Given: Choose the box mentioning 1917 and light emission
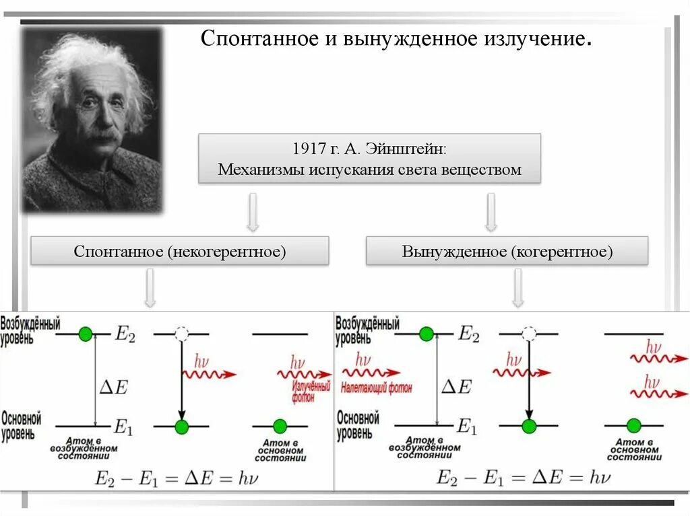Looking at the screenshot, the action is (369, 159).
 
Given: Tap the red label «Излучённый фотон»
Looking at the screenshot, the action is (311, 392).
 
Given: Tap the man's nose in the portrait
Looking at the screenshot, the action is (102, 121).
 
